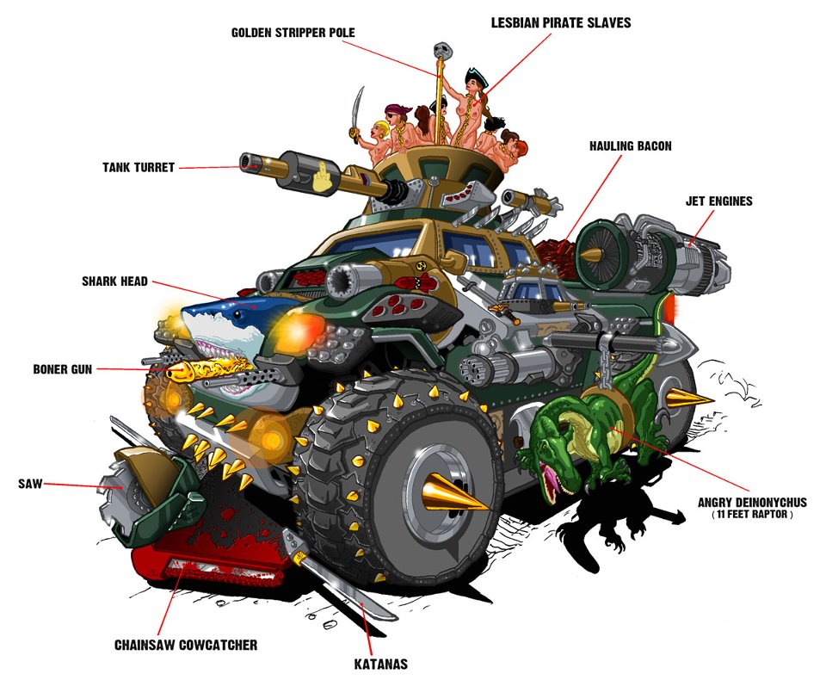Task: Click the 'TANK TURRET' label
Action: click(139, 168)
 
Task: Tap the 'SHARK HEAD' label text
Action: click(114, 281)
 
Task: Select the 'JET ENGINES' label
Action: click(719, 201)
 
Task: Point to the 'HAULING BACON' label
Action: click(631, 146)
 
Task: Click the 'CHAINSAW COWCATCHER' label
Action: click(186, 646)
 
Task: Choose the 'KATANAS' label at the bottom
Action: click(381, 665)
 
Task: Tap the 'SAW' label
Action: click(30, 484)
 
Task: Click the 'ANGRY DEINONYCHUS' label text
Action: click(752, 503)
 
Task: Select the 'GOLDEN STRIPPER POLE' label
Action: click(293, 33)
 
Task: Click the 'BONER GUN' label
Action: click(63, 369)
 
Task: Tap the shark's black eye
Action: click(237, 315)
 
